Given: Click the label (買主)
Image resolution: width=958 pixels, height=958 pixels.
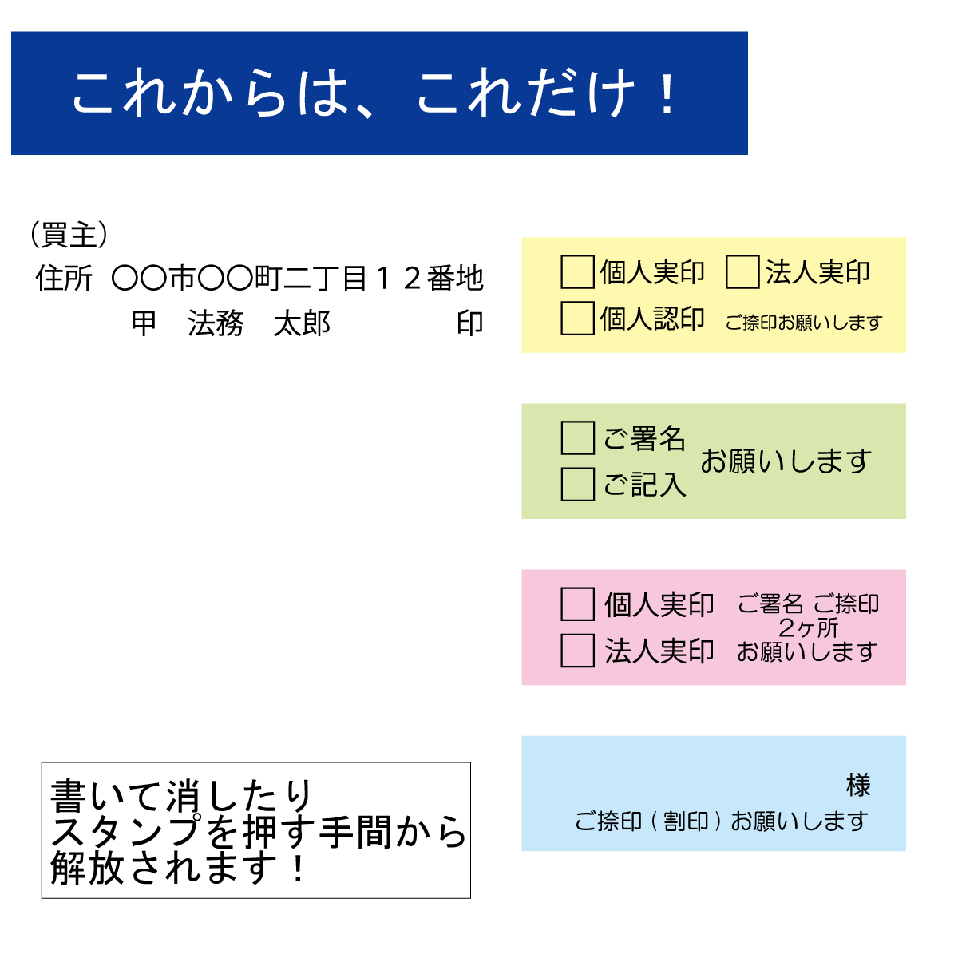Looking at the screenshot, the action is coord(69,234).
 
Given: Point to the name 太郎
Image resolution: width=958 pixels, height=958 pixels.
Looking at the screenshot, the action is coord(302,323).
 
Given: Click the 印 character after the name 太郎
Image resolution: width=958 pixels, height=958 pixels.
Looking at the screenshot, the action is coord(469,323).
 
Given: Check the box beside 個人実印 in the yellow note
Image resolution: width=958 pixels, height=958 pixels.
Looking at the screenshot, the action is coord(577,271).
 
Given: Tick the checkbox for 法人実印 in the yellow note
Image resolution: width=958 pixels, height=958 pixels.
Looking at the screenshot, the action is coord(742,271).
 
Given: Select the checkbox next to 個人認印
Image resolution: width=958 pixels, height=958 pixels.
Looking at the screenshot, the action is coord(577,318).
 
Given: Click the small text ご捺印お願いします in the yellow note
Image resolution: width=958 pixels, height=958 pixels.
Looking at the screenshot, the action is coord(804,323).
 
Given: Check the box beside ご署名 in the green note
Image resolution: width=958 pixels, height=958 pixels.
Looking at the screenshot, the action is coord(577,437).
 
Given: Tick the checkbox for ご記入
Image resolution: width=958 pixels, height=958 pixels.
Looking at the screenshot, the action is coord(577,484).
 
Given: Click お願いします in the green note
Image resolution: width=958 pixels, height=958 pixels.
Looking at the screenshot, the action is coord(786,461).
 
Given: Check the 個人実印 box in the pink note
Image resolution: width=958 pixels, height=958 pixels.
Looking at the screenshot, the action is coord(577,604).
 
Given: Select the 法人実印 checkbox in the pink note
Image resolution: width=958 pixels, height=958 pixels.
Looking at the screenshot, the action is coord(577,650).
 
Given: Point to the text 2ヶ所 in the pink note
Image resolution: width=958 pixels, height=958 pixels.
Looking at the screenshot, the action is coord(809,627).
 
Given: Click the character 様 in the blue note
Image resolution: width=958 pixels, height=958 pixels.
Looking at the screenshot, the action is coord(858,785).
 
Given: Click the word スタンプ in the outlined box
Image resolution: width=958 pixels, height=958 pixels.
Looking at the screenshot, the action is coord(127,831).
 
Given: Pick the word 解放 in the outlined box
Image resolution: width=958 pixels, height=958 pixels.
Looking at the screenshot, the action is coord(86,868).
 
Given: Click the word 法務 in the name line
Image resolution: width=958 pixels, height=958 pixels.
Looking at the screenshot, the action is coord(216,323).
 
